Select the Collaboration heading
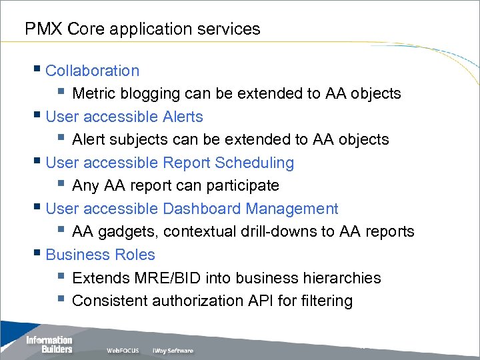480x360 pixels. point(93,71)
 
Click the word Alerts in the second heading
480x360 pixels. point(182,117)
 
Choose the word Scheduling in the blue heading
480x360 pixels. point(256,163)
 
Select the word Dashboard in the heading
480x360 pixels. point(201,209)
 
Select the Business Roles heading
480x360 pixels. point(100,255)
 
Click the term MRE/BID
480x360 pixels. point(165,278)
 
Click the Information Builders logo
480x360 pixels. point(49,344)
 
